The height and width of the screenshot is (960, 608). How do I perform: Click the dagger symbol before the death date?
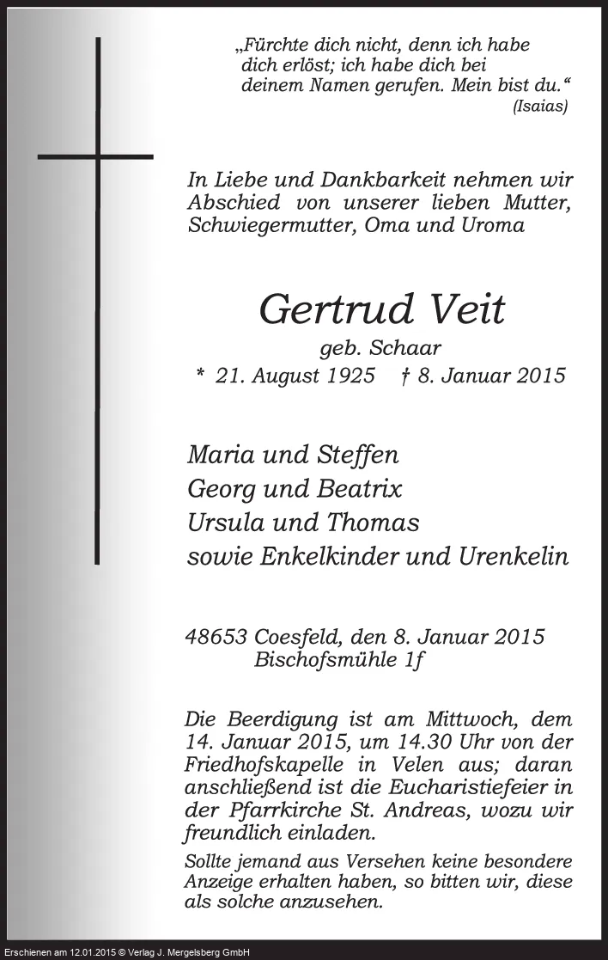[404, 375]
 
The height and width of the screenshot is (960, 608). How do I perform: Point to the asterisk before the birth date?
[200, 375]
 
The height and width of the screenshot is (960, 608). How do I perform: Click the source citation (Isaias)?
[539, 107]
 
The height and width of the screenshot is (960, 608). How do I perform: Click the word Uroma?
[492, 225]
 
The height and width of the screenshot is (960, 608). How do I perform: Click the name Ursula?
[227, 522]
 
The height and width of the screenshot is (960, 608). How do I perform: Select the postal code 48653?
[217, 637]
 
